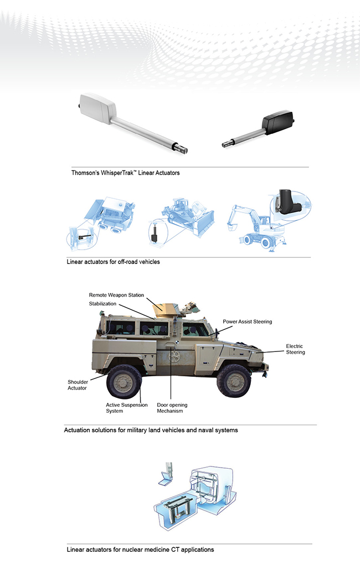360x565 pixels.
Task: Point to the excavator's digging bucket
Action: click(x=232, y=227)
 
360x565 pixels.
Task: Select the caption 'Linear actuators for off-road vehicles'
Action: click(x=114, y=262)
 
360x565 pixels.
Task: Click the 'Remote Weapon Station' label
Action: click(x=116, y=295)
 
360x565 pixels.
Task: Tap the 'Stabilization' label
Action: click(x=103, y=304)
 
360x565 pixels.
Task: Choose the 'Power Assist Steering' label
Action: click(x=248, y=322)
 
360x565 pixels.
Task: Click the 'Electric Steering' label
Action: click(x=295, y=349)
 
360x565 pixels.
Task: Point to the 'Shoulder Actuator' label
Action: click(x=78, y=385)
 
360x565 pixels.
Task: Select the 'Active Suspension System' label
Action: click(x=127, y=408)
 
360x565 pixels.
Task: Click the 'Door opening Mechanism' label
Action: click(x=172, y=408)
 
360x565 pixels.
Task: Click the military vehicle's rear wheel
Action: click(x=124, y=382)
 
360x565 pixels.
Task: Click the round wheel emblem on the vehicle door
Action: click(x=174, y=357)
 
